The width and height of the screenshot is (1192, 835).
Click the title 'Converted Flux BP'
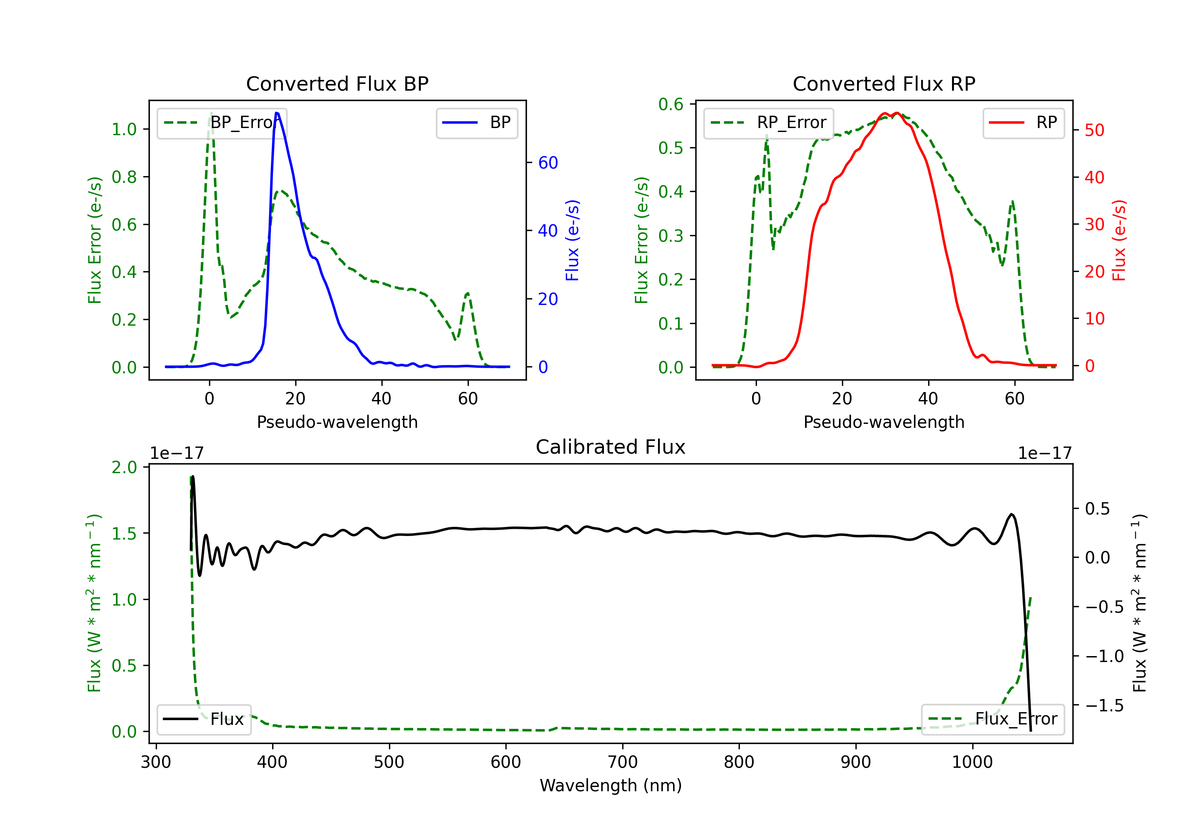point(337,83)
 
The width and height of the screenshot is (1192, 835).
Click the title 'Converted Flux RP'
point(884,83)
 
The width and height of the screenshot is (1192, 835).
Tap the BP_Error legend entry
point(222,122)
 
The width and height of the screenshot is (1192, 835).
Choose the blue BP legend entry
point(476,122)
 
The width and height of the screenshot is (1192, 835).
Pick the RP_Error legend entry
point(768,122)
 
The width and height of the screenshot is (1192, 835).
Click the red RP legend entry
point(1023,122)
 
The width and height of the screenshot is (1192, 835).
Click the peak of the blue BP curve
point(277,113)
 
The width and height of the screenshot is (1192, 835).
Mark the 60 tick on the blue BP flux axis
point(548,163)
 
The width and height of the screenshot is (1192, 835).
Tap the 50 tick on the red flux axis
point(1094,130)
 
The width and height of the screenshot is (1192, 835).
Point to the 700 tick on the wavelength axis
point(623,762)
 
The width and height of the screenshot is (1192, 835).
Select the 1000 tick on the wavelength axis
point(972,762)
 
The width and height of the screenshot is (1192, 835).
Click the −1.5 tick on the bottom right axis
point(1104,705)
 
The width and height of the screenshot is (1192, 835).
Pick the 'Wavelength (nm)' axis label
point(611,785)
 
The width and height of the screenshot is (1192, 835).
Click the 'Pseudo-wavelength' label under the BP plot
point(337,422)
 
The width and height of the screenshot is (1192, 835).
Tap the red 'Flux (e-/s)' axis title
point(1119,240)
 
